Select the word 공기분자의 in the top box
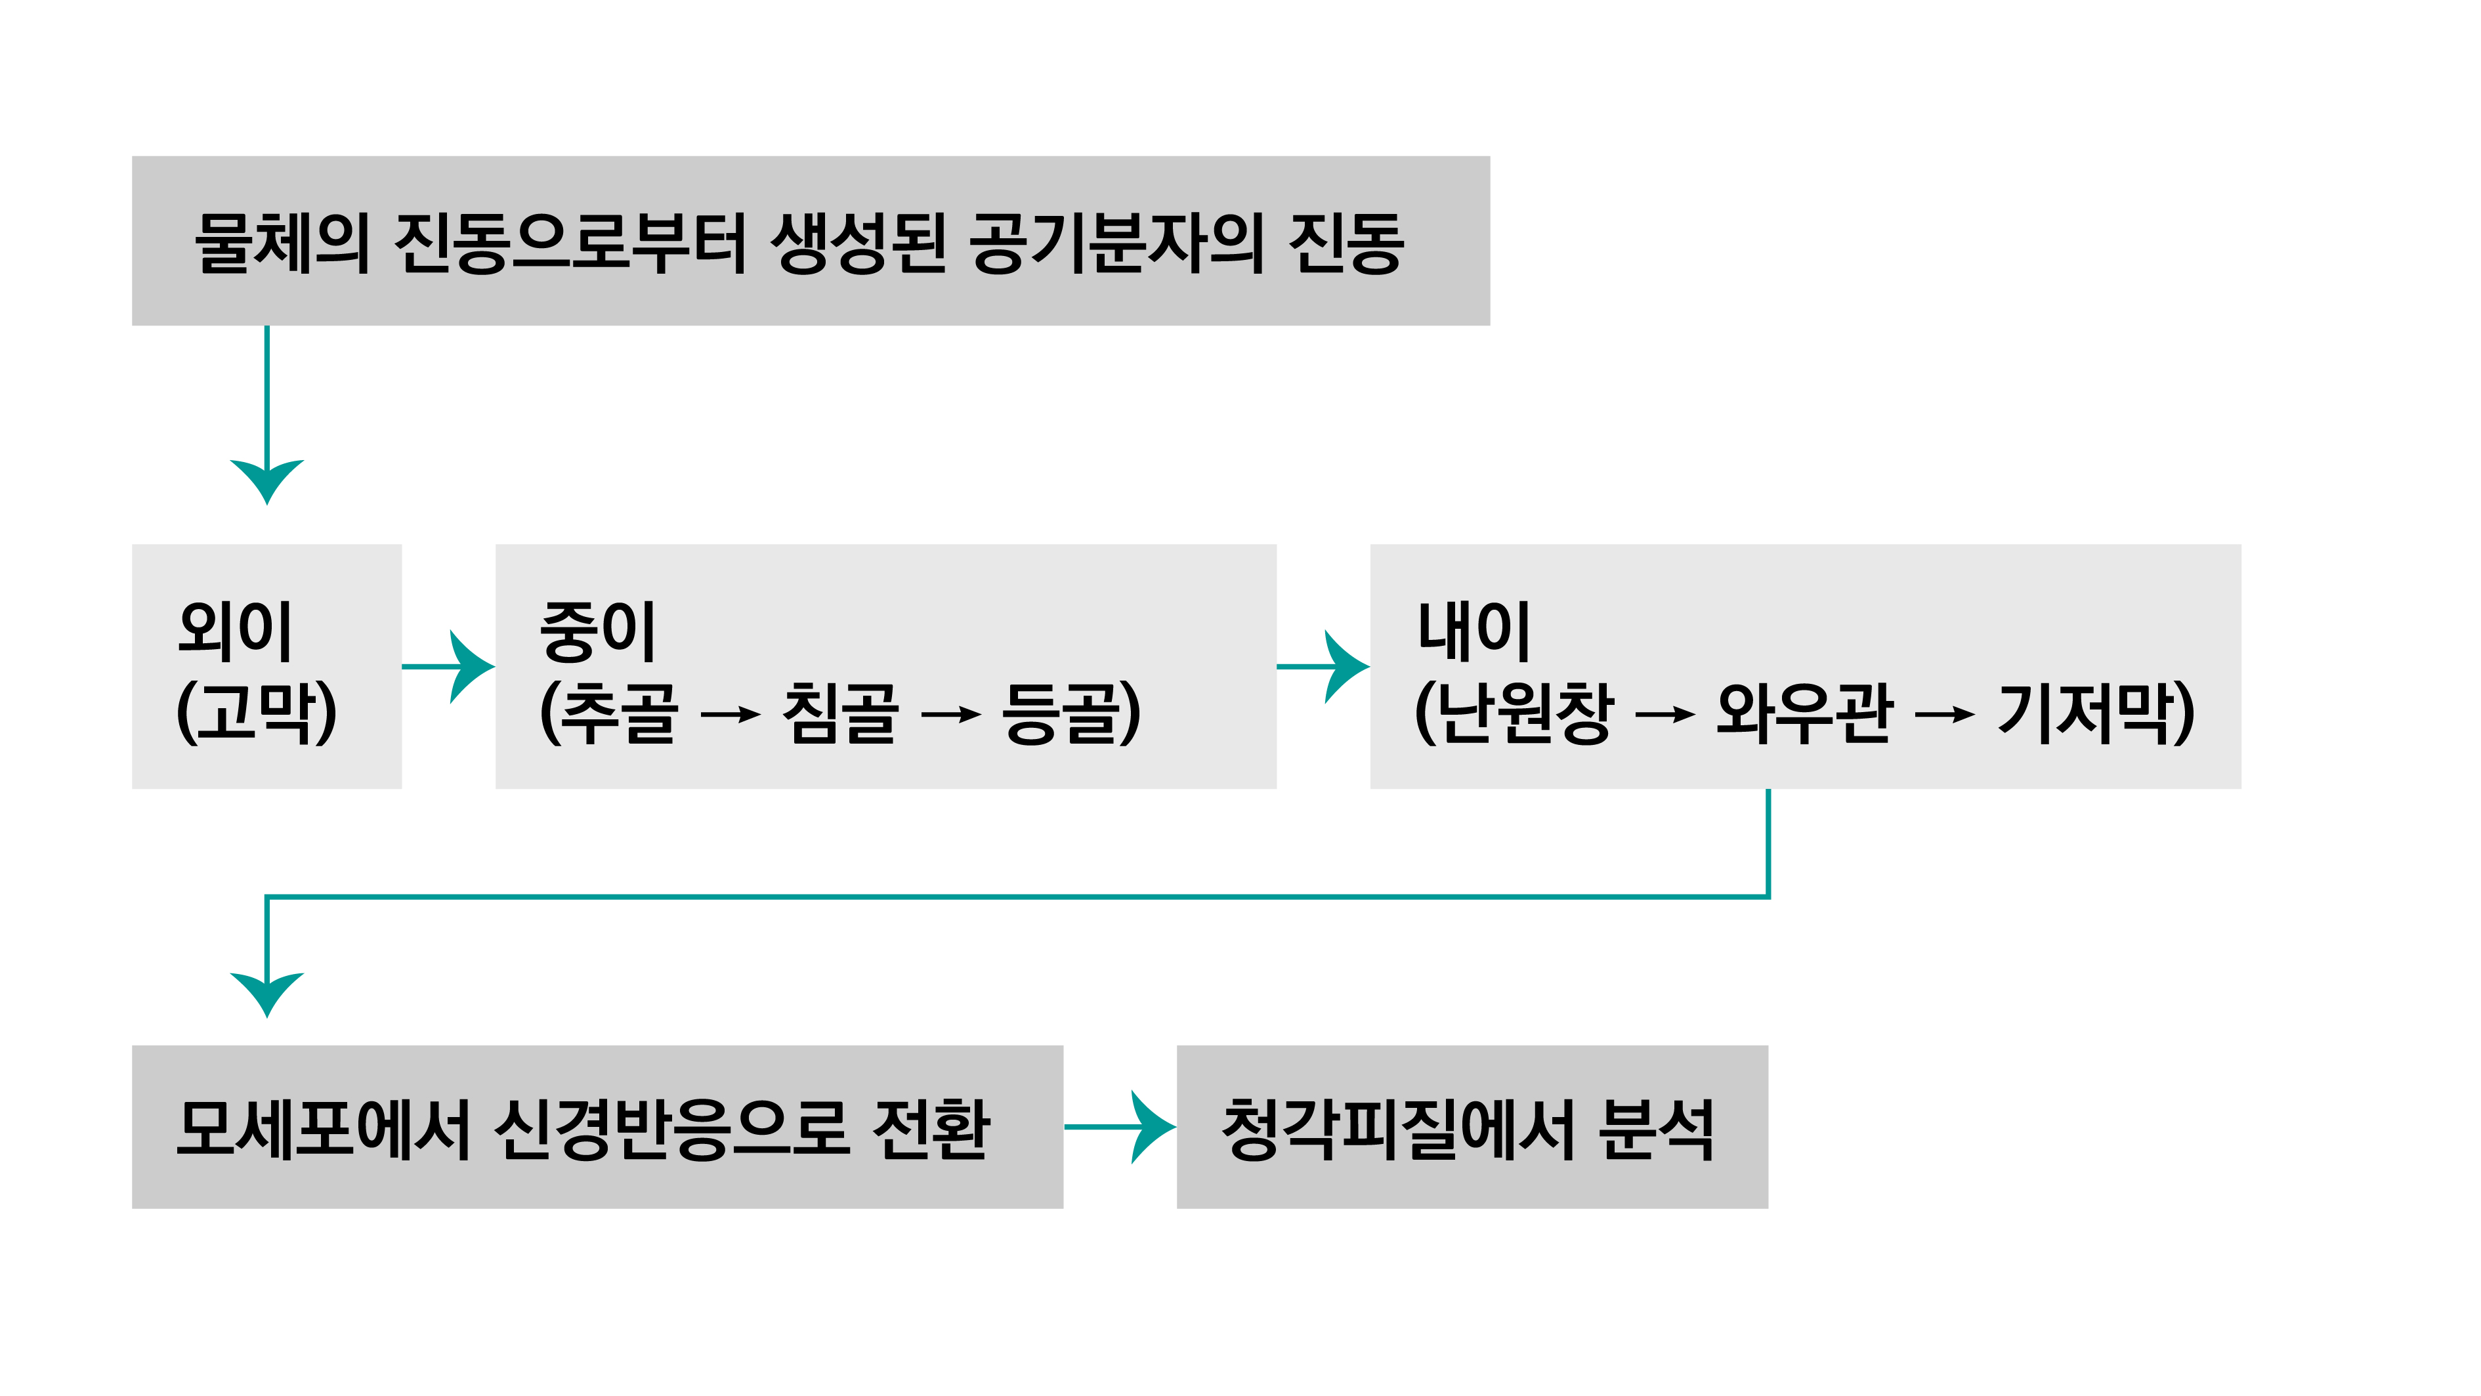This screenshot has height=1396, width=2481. pos(1115,243)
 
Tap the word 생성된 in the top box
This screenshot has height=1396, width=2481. pos(858,243)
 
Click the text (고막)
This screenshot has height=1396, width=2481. pos(256,713)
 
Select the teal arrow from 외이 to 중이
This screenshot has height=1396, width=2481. pos(453,666)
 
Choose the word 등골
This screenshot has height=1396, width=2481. pos(1059,713)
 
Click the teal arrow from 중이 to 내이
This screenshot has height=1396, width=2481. pos(1327,666)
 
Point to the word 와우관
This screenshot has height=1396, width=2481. pos(1803,713)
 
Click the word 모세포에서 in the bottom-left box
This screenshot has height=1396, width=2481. pos(323,1128)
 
